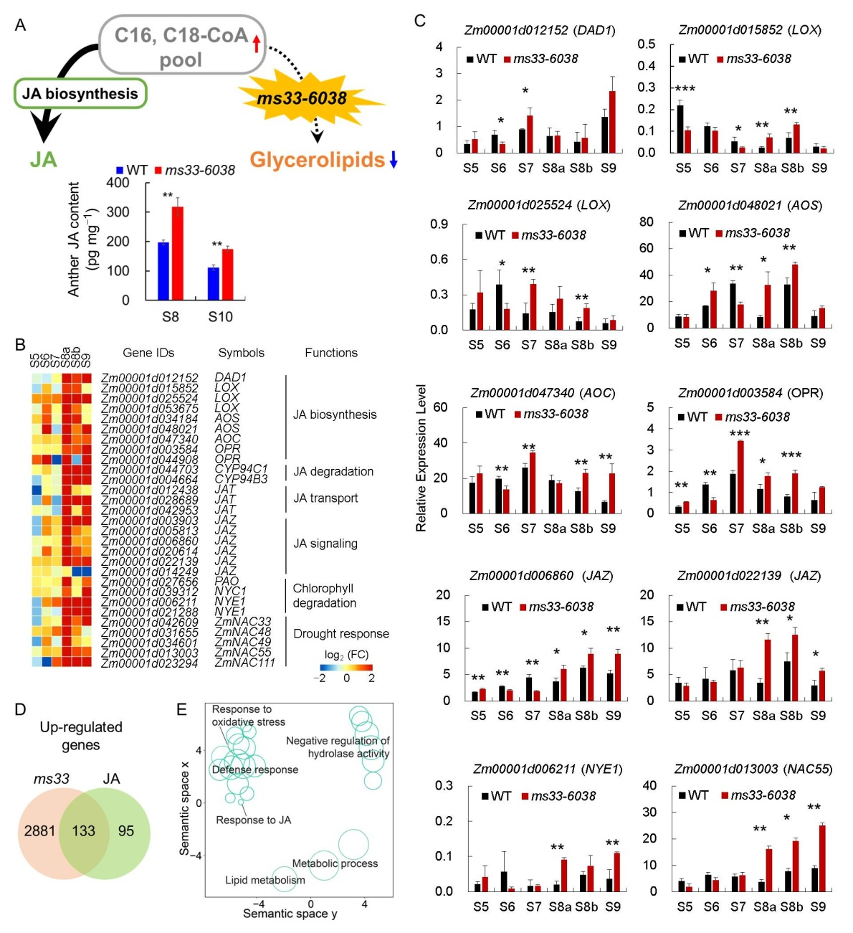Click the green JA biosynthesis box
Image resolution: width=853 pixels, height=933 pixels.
(x=80, y=94)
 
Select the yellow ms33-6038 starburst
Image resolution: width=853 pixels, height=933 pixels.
(x=302, y=98)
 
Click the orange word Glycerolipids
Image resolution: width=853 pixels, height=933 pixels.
(x=317, y=160)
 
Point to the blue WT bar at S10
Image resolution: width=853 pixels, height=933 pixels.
(x=214, y=283)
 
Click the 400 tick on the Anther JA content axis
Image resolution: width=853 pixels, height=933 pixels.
(x=118, y=183)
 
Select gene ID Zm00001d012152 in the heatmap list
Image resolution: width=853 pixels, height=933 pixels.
(x=149, y=377)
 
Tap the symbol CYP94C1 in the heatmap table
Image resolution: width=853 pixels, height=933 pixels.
(x=241, y=469)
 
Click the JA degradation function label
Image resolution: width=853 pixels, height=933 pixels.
(x=333, y=472)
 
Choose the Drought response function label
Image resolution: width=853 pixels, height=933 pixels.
(x=341, y=634)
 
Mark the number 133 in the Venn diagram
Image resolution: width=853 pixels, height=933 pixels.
(x=84, y=830)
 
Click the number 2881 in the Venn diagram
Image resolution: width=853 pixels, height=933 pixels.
(x=39, y=830)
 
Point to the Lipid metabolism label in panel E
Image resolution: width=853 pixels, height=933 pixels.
(x=265, y=880)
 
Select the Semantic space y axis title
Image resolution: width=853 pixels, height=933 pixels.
(x=290, y=914)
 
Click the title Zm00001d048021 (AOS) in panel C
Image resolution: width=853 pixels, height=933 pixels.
(x=750, y=206)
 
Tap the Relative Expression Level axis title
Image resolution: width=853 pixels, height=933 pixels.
(x=421, y=458)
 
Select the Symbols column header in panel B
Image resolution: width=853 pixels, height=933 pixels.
(x=241, y=353)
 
